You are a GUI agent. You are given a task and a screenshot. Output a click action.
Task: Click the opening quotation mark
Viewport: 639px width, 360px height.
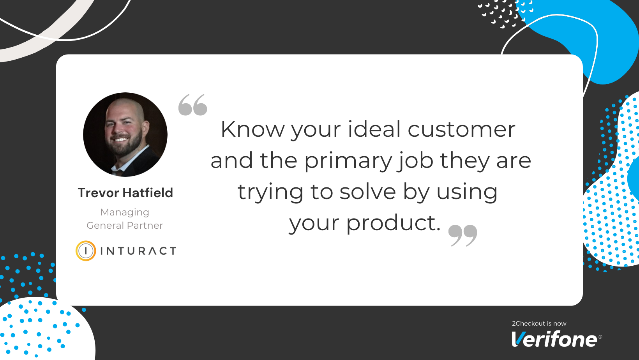coord(192,105)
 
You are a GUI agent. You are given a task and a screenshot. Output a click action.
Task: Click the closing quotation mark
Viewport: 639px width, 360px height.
coord(463,235)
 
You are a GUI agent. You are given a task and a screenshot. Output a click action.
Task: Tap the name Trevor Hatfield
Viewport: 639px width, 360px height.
coord(125,193)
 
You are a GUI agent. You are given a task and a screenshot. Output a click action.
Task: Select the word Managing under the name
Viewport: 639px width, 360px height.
coord(125,212)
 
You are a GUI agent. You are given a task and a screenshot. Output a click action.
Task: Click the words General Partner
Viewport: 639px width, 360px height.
coord(125,225)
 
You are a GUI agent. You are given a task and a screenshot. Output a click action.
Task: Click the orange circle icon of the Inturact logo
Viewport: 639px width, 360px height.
coord(86,251)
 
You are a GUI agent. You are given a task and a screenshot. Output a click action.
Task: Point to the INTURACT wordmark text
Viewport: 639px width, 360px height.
coord(138,251)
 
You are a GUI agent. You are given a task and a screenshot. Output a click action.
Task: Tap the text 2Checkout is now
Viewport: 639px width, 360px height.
coord(539,323)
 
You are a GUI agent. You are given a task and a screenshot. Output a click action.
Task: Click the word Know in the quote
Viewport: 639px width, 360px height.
coord(252,129)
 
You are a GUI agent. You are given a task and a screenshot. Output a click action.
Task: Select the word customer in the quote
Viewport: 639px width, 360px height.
coord(461,130)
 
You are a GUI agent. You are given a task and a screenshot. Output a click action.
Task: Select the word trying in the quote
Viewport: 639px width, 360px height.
coord(270,192)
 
